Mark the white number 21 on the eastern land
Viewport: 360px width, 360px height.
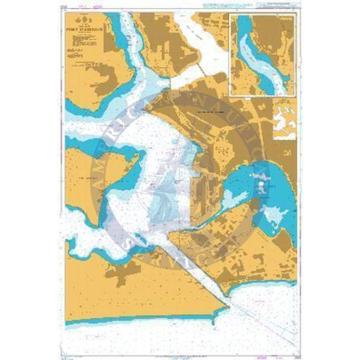286,152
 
